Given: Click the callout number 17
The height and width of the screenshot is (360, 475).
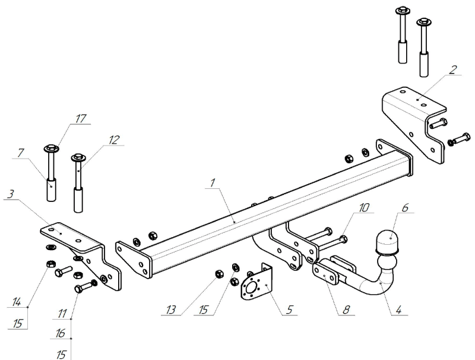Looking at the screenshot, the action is coord(81,119).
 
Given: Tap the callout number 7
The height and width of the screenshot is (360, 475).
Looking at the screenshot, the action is coord(20,153).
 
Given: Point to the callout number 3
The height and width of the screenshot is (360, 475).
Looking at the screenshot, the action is coord(11,194).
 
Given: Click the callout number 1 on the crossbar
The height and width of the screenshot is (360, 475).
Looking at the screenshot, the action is coord(213,183).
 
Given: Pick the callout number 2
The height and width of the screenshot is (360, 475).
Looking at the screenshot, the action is coord(452,70).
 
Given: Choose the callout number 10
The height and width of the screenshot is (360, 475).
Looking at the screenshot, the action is coord(364,208).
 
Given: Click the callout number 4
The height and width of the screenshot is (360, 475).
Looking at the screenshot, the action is coord(398,310).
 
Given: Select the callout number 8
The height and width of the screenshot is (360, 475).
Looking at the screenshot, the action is coord(346,310).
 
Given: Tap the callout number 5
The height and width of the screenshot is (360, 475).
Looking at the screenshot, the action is coord(289,310).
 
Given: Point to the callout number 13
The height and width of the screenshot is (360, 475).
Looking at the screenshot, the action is coord(170,310).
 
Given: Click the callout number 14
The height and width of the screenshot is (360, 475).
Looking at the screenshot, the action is coord(17,302).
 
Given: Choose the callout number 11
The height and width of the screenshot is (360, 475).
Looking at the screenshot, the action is coord(62,313).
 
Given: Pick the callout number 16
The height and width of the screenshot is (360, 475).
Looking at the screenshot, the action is coord(61,333).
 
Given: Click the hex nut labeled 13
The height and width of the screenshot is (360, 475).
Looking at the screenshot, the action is coord(218,274).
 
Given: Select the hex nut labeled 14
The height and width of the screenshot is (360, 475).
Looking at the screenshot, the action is coord(50,264).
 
